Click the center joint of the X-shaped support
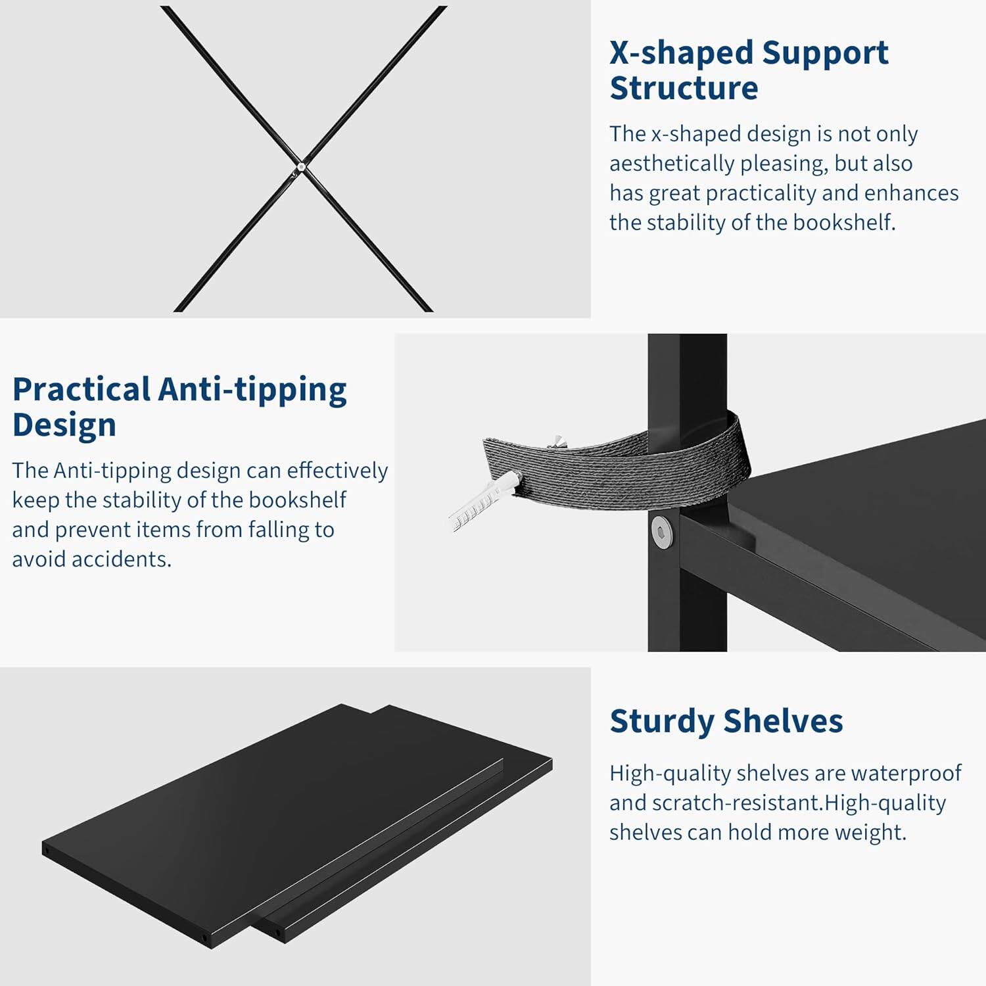tap(300, 167)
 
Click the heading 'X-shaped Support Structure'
tap(749, 70)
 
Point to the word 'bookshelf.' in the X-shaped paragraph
tap(844, 222)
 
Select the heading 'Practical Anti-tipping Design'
tap(179, 406)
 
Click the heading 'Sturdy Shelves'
tap(726, 721)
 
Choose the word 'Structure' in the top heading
tap(684, 88)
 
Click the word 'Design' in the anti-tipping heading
tap(64, 425)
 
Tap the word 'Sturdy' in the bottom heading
tap(661, 721)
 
